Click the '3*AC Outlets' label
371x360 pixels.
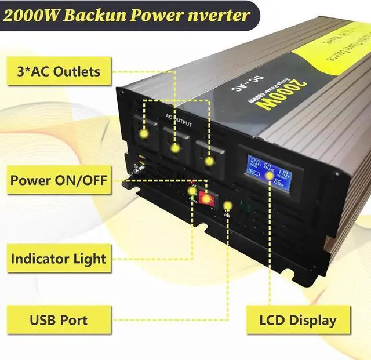[x=58, y=72]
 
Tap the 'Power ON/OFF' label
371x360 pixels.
[x=58, y=180]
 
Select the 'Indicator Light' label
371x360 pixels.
[x=58, y=259]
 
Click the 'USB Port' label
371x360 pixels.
[x=58, y=319]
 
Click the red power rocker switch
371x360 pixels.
[x=206, y=198]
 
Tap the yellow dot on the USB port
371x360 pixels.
[x=227, y=205]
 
